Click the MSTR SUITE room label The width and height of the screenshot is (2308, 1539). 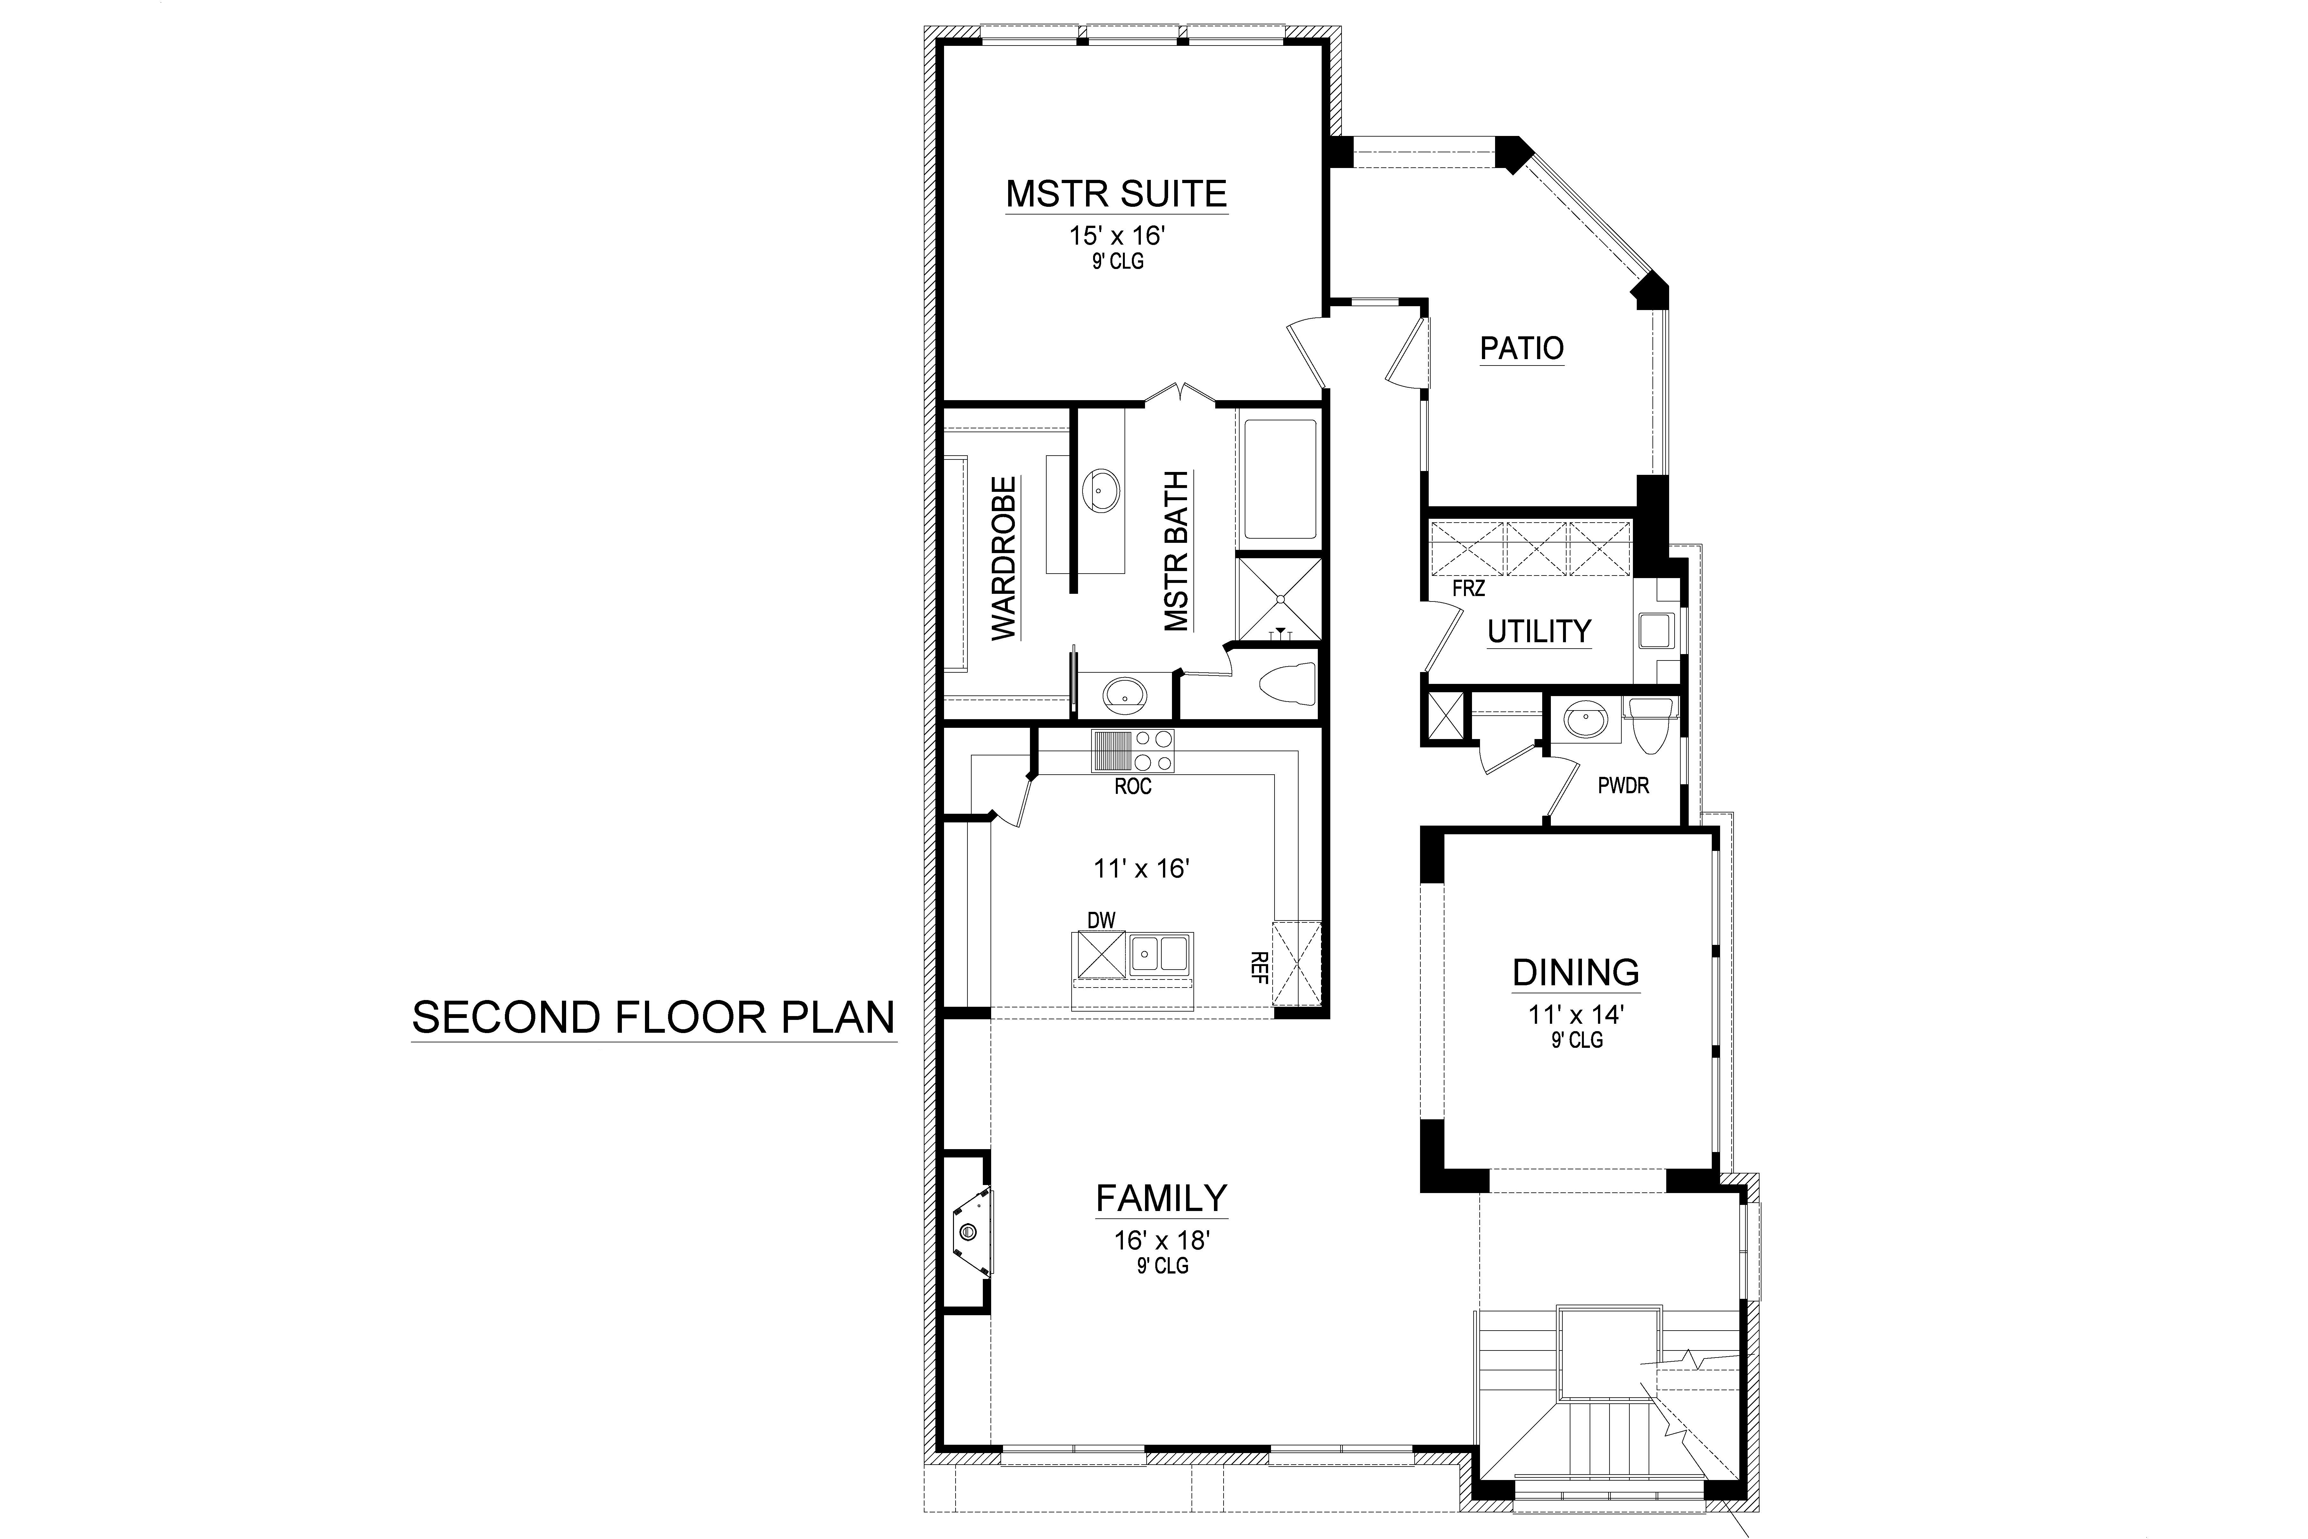click(1116, 194)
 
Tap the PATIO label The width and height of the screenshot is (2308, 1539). click(1521, 349)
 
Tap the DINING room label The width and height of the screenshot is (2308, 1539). click(1575, 973)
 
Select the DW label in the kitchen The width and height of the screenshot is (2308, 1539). click(1101, 920)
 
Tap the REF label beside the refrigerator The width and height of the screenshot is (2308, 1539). click(1259, 967)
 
